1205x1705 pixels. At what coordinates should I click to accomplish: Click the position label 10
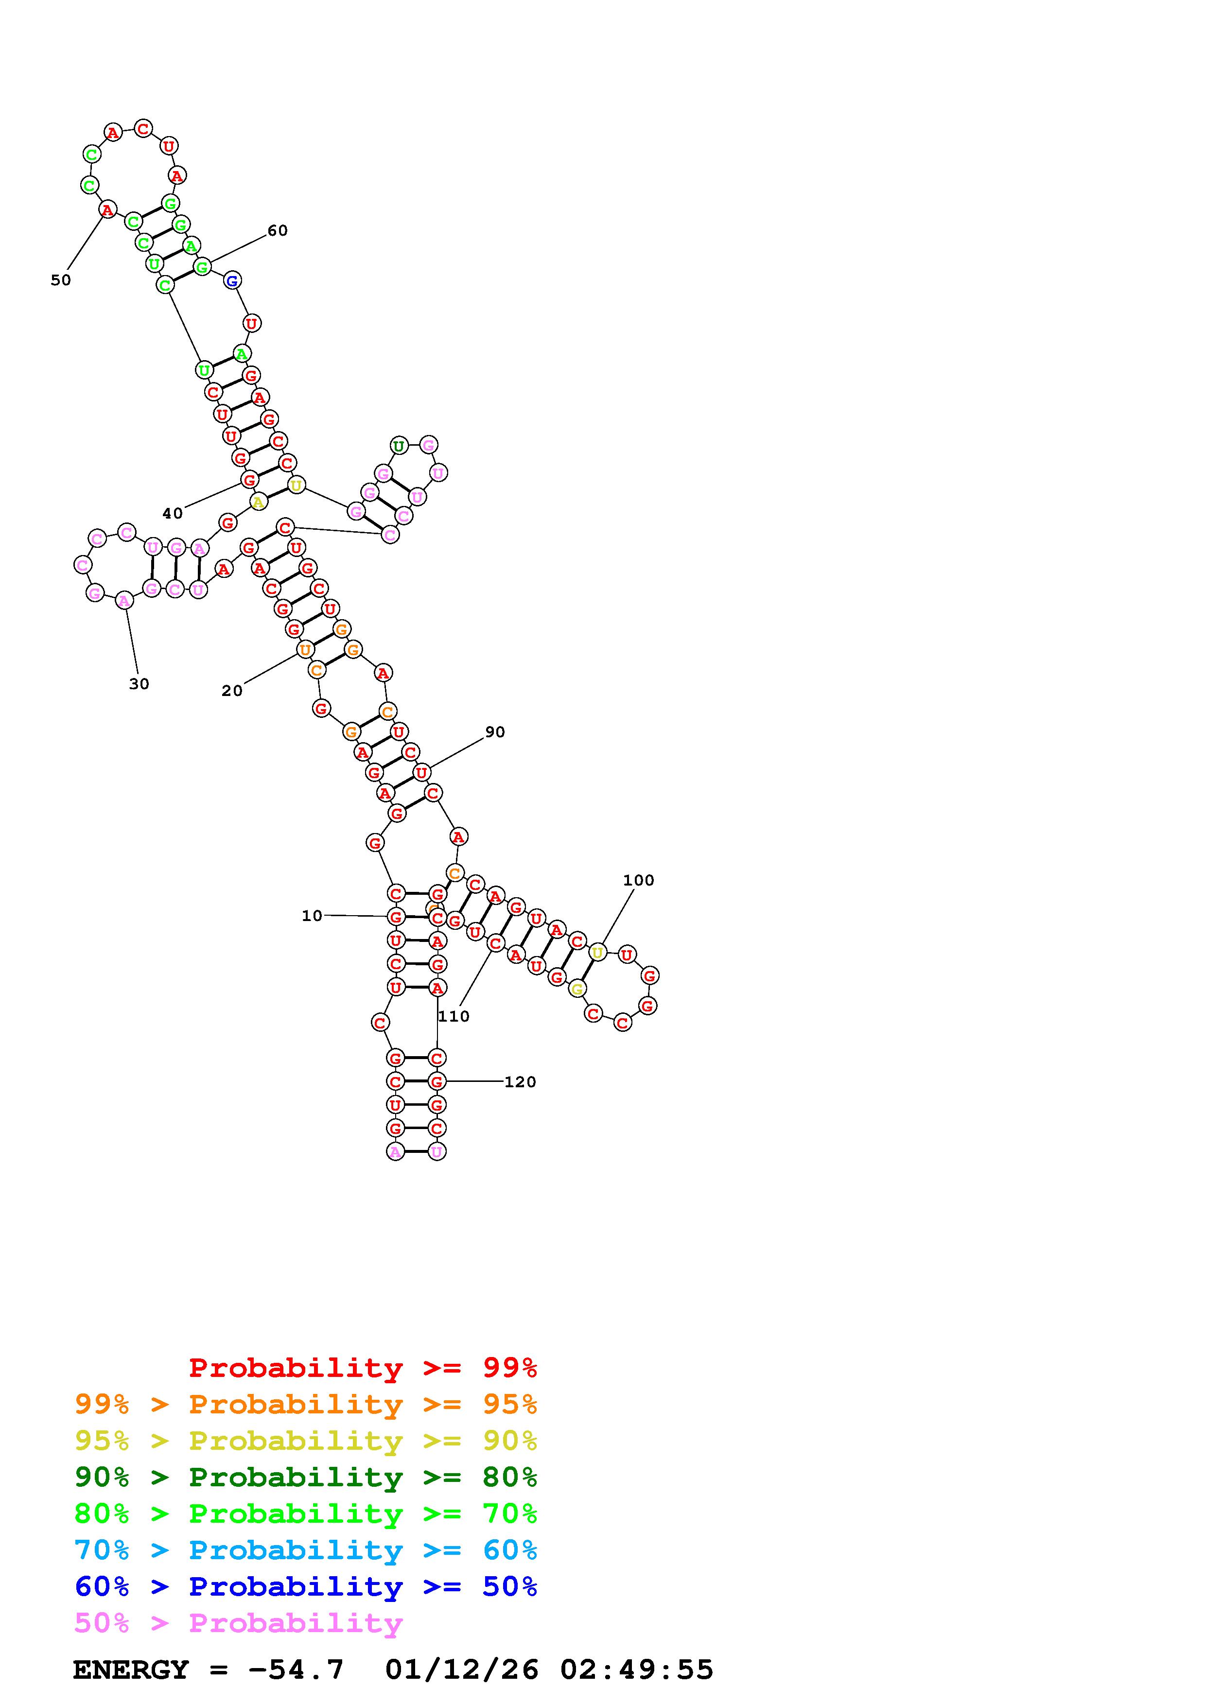coord(312,916)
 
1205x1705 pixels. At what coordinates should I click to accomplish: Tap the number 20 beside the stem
coord(232,691)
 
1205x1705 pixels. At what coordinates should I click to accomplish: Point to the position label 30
coord(139,684)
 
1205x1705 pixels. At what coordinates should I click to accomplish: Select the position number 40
coord(172,513)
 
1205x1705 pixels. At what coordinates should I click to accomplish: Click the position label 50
coord(61,280)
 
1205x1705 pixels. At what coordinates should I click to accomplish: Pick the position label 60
coord(277,230)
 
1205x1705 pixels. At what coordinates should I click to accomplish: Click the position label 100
coord(639,880)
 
